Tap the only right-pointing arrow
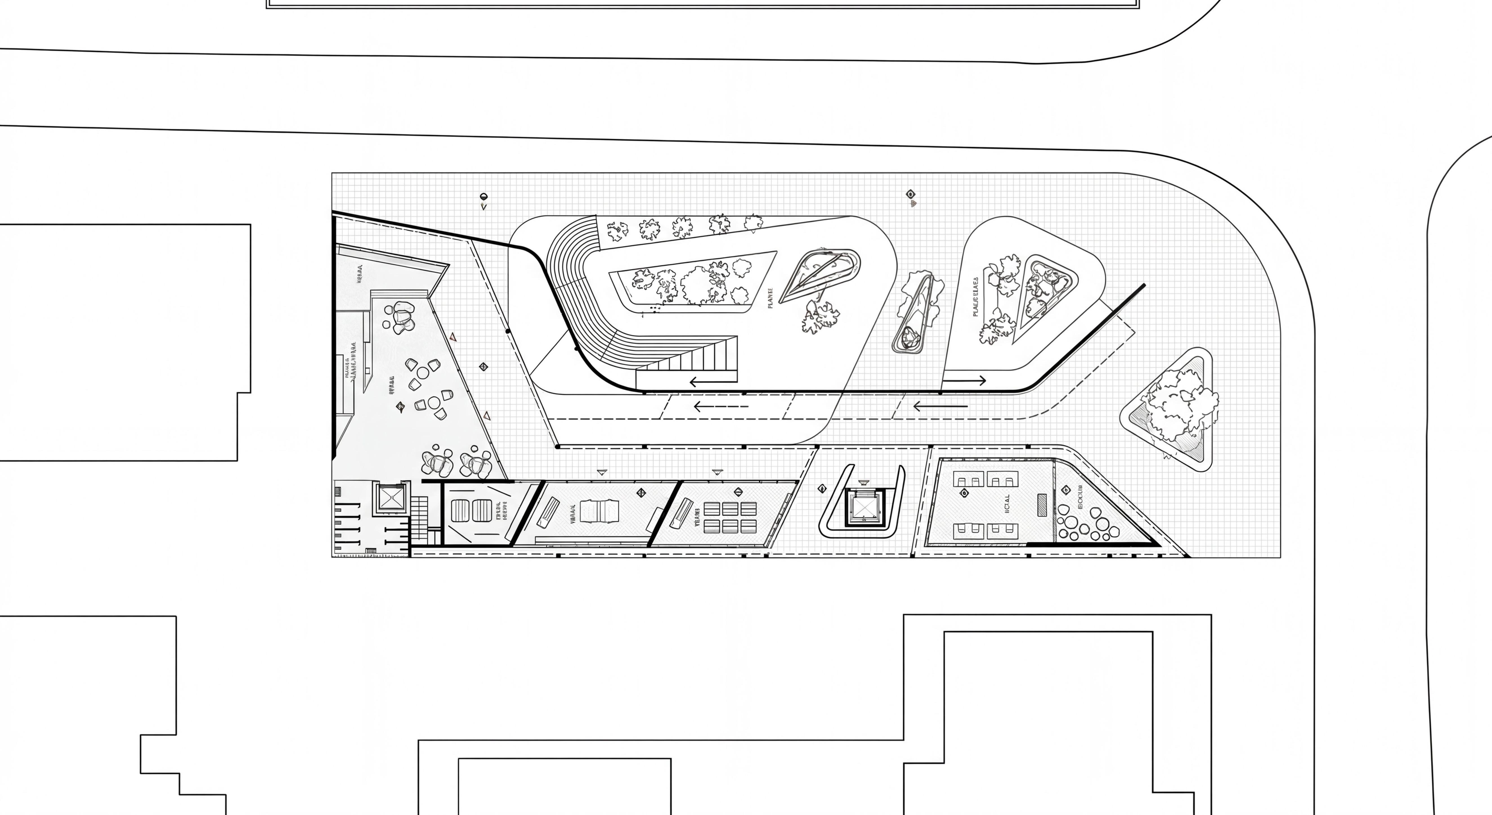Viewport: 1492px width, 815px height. (964, 380)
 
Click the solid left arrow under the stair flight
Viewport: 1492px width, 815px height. (713, 381)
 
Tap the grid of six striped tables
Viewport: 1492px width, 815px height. (730, 517)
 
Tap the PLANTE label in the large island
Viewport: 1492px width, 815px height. (770, 298)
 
